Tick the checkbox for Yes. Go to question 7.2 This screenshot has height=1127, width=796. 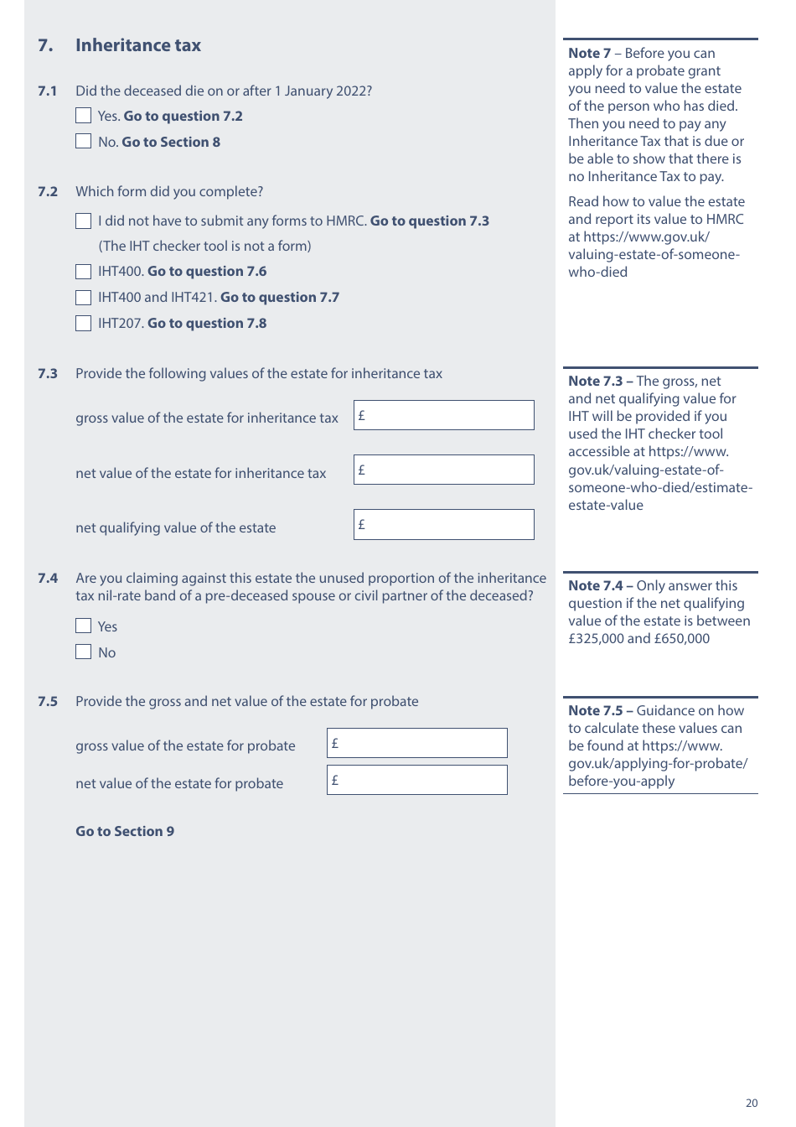pyautogui.click(x=84, y=116)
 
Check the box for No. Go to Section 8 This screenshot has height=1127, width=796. pyautogui.click(x=84, y=142)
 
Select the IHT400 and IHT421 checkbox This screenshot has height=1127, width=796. pyautogui.click(x=84, y=298)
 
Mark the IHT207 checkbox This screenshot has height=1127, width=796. pyautogui.click(x=84, y=324)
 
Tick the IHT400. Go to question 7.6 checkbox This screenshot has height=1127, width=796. pyautogui.click(x=84, y=272)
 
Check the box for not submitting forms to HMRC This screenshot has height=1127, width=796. pyautogui.click(x=84, y=221)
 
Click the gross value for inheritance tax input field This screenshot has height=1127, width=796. pyautogui.click(x=443, y=415)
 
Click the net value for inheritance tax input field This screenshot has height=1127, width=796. pyautogui.click(x=443, y=470)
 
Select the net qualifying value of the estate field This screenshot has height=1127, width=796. pyautogui.click(x=443, y=525)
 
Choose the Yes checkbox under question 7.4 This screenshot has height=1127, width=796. pyautogui.click(x=84, y=626)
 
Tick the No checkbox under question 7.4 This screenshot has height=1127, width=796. pyautogui.click(x=84, y=652)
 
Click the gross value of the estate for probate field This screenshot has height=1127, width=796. pyautogui.click(x=416, y=743)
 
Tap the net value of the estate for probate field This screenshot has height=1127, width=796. pyautogui.click(x=416, y=780)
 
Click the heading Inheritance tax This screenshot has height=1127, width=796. pyautogui.click(x=138, y=45)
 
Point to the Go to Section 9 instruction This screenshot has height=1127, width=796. pyautogui.click(x=125, y=831)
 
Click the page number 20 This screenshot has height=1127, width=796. pyautogui.click(x=752, y=1104)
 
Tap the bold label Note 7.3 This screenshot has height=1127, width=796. pyautogui.click(x=596, y=381)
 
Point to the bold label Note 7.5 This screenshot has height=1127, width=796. pyautogui.click(x=596, y=710)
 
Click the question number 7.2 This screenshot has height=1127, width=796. pyautogui.click(x=48, y=191)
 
